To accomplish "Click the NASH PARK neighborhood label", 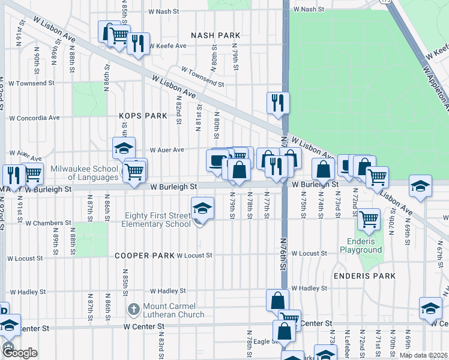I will point(215,35).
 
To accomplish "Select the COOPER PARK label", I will point(144,255).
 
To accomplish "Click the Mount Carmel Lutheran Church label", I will point(173,310).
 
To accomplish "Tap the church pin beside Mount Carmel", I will point(133,310).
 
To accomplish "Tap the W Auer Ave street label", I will point(166,149).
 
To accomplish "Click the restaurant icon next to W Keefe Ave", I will point(138,43).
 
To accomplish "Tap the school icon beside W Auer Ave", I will point(124,148).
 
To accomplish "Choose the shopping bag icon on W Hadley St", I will point(278,300).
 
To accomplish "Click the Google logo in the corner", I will point(20,353).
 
